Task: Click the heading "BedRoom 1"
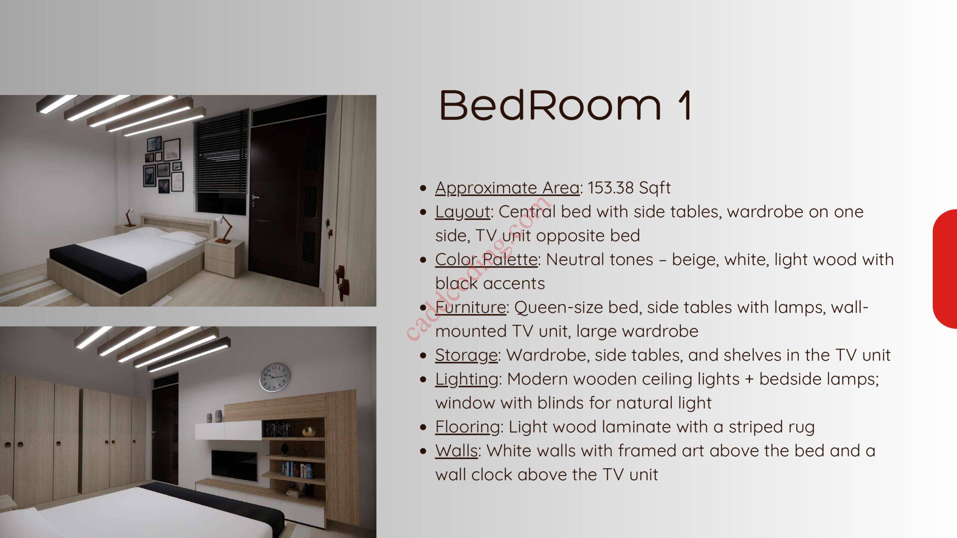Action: point(565,105)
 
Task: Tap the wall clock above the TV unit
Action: point(275,377)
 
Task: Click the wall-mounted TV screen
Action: point(234,466)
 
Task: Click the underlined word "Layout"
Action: point(462,212)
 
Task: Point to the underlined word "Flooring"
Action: point(467,427)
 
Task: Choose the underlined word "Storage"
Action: point(466,356)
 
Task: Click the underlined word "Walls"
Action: point(456,451)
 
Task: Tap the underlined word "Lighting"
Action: point(467,380)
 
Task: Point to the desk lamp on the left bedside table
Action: point(129,217)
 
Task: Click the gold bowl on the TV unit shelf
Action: point(309,432)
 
